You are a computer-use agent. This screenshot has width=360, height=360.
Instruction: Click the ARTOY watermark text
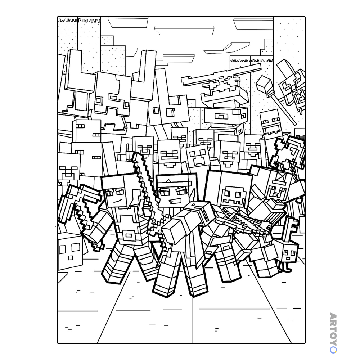[333, 333]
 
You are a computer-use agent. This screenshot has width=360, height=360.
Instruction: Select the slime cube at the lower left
[70, 252]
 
